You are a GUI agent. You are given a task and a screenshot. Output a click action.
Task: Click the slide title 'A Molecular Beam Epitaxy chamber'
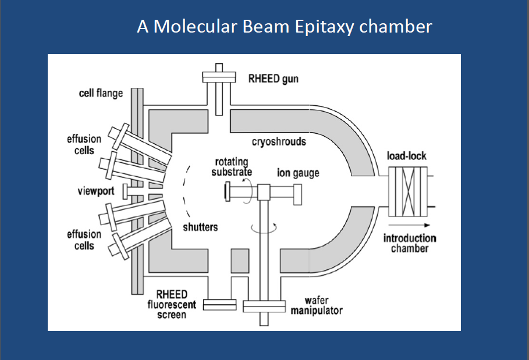tap(285, 26)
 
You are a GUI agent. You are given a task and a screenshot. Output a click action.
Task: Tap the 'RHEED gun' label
tap(273, 79)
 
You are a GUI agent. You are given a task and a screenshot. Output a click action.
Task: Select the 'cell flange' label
tap(101, 94)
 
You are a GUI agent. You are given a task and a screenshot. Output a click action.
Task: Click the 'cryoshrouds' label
tap(279, 141)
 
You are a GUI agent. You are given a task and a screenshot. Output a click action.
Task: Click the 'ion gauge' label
tap(298, 173)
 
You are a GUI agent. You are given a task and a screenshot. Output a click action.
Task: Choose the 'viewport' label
tap(95, 191)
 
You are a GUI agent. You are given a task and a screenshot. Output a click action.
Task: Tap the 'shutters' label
tap(200, 227)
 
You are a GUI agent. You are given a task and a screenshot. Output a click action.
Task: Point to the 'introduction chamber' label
tap(410, 243)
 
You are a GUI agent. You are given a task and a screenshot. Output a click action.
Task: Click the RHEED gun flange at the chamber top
tap(219, 77)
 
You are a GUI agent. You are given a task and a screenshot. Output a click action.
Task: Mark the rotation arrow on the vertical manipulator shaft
tap(262, 227)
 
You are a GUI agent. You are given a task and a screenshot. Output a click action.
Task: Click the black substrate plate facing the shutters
tap(225, 193)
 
